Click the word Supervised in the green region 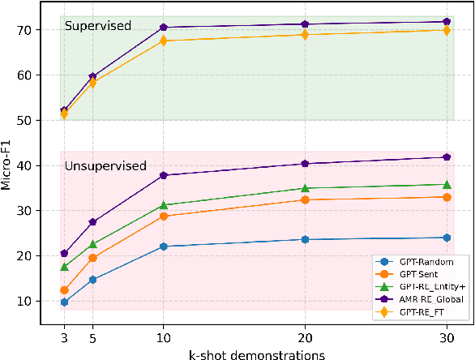click(98, 26)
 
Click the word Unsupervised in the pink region click(105, 166)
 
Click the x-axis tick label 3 click(64, 336)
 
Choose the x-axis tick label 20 click(305, 336)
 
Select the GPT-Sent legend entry click(411, 275)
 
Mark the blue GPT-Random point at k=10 click(163, 246)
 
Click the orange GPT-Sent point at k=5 click(92, 258)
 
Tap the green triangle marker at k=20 click(305, 188)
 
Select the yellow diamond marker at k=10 click(163, 41)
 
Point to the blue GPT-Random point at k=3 click(64, 302)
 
